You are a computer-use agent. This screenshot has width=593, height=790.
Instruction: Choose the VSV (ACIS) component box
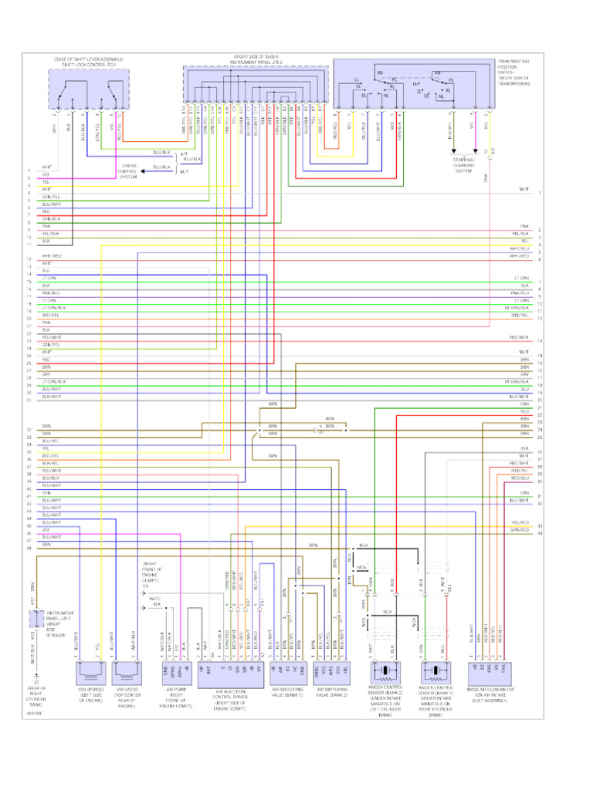[x=125, y=670]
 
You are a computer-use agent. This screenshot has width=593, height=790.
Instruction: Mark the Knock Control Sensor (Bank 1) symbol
[x=435, y=670]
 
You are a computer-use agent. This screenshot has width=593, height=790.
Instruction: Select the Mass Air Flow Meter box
[x=488, y=670]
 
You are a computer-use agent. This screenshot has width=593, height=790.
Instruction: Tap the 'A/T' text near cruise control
[x=184, y=154]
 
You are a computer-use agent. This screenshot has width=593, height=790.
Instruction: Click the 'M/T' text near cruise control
[x=184, y=171]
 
